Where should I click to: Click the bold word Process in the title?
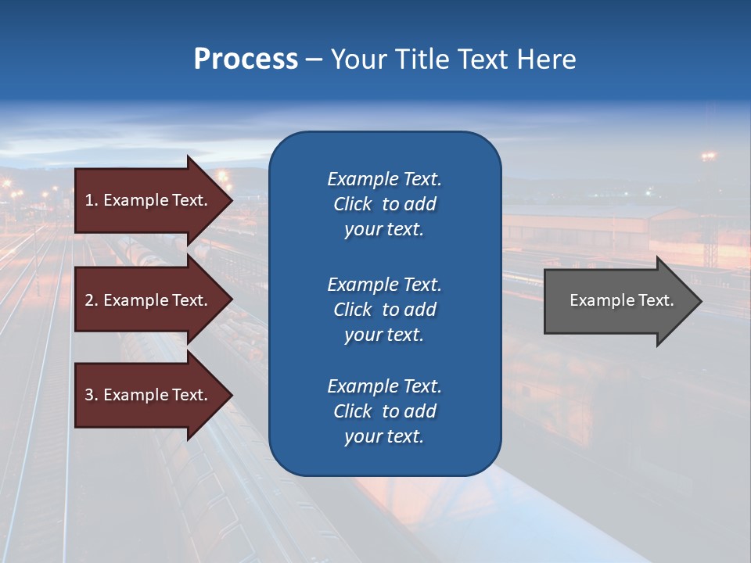coord(246,59)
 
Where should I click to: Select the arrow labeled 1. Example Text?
coord(149,200)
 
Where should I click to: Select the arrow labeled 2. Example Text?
coord(149,300)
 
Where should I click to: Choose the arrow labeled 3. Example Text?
coord(149,395)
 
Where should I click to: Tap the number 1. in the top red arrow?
coord(92,200)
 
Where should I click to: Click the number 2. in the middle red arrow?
coord(92,300)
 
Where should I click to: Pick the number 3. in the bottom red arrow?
coord(92,395)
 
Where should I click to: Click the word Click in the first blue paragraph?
coord(352,204)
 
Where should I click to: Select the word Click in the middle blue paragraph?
coord(352,310)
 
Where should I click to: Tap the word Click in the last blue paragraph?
coord(352,411)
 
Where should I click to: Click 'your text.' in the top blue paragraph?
coord(384,230)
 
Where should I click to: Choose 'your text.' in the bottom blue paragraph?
coord(384,437)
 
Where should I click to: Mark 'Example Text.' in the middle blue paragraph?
coord(384,285)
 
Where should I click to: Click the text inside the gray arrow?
coord(621,300)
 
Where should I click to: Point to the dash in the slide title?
coord(314,60)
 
